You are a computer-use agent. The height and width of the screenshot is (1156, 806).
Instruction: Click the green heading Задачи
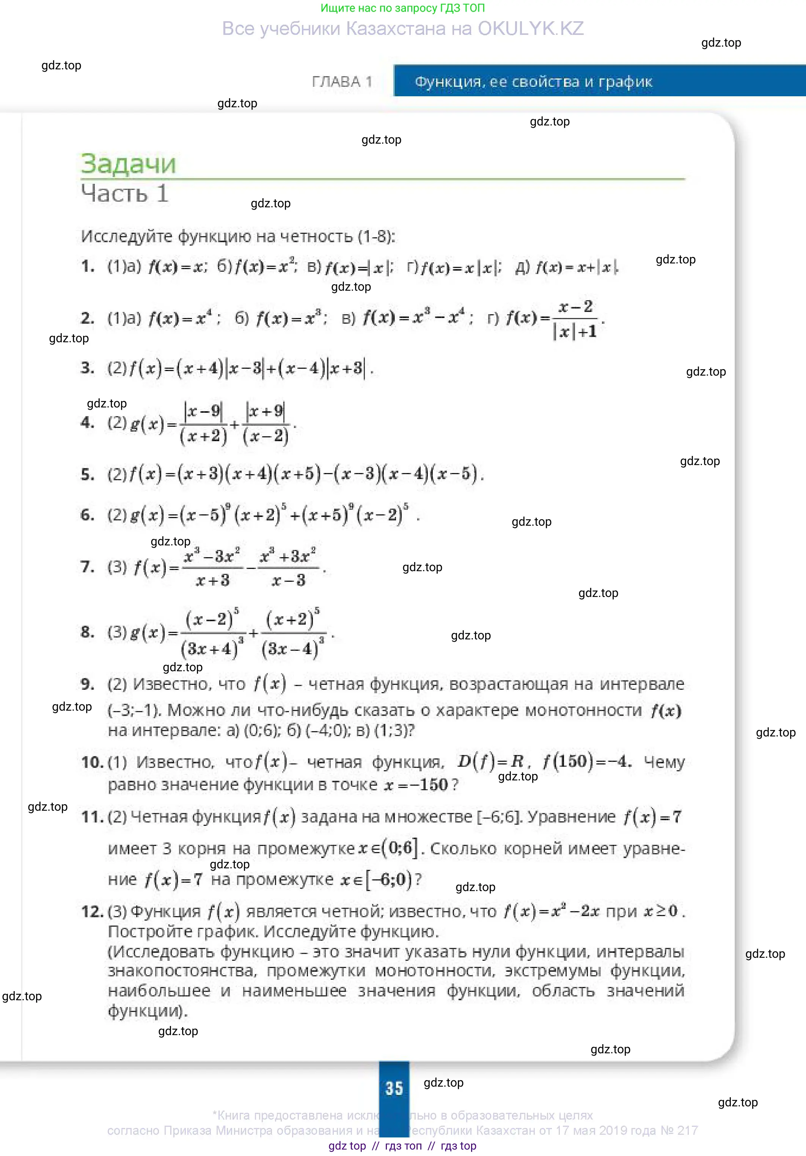click(129, 164)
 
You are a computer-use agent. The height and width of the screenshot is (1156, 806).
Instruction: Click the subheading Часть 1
click(124, 194)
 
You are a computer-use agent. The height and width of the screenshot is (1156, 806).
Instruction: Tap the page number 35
click(394, 1089)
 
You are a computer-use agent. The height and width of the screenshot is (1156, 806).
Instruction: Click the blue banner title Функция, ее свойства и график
click(533, 81)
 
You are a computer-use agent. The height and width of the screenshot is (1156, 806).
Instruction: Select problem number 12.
click(92, 911)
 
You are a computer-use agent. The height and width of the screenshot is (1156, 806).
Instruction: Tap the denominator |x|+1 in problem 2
click(575, 332)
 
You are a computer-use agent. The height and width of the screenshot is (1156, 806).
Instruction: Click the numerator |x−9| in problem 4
click(203, 411)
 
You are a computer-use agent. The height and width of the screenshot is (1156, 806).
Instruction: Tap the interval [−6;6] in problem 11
click(499, 817)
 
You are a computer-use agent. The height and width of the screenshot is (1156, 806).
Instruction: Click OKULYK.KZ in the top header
click(531, 29)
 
